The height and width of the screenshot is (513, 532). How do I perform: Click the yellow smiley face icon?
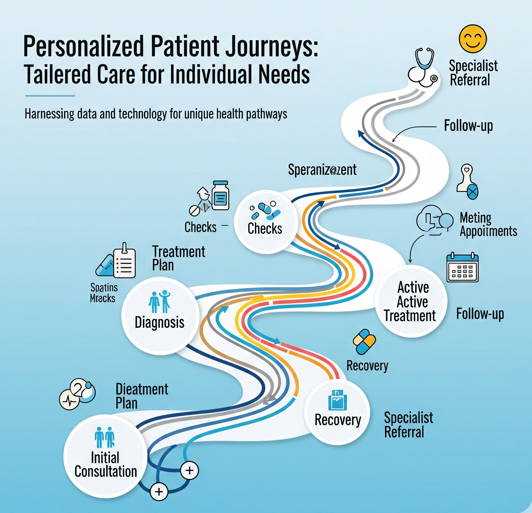tap(473, 39)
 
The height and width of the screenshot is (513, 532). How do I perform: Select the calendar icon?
tap(462, 267)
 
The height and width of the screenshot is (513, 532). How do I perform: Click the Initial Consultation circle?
tap(105, 456)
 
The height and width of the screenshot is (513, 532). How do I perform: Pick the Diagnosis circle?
tap(160, 316)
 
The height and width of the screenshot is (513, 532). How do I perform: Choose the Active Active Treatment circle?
tap(411, 301)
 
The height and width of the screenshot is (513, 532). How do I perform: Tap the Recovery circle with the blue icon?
tap(337, 412)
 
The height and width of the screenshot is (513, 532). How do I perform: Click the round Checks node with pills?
tap(266, 222)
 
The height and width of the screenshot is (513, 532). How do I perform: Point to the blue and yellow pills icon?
tap(364, 342)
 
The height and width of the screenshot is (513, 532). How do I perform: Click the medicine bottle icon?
tap(220, 196)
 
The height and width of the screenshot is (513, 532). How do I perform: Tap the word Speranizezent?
tap(322, 170)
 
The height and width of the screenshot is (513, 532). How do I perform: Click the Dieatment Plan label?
tap(142, 396)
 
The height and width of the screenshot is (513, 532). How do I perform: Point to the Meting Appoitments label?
tap(488, 224)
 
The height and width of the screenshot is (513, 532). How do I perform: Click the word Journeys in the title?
tap(271, 46)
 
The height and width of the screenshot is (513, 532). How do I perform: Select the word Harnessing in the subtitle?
tap(49, 114)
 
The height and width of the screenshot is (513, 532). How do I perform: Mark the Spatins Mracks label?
tap(103, 293)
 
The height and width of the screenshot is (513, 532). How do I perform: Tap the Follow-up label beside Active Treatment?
tap(480, 314)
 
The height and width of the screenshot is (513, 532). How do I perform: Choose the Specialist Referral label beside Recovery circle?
tap(408, 425)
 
